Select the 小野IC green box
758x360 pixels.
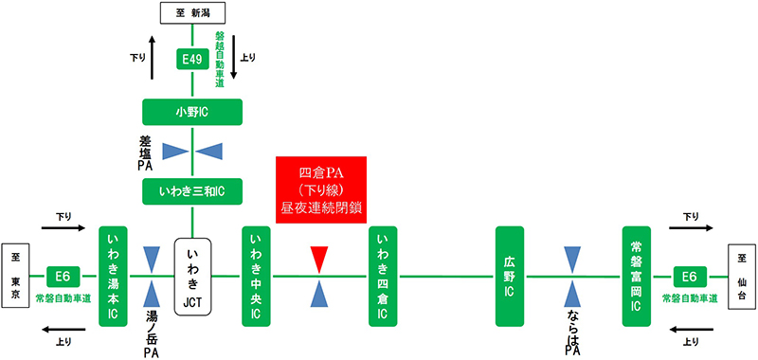[x=192, y=111]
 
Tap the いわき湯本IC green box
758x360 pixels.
[x=114, y=276]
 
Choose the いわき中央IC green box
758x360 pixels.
[x=257, y=276]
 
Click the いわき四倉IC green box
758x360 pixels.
[x=384, y=276]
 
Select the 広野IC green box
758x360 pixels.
[x=509, y=276]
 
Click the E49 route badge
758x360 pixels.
[x=192, y=61]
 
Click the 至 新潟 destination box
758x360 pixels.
[x=192, y=13]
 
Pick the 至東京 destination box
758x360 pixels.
[x=15, y=276]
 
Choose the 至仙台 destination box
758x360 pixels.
[x=741, y=276]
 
